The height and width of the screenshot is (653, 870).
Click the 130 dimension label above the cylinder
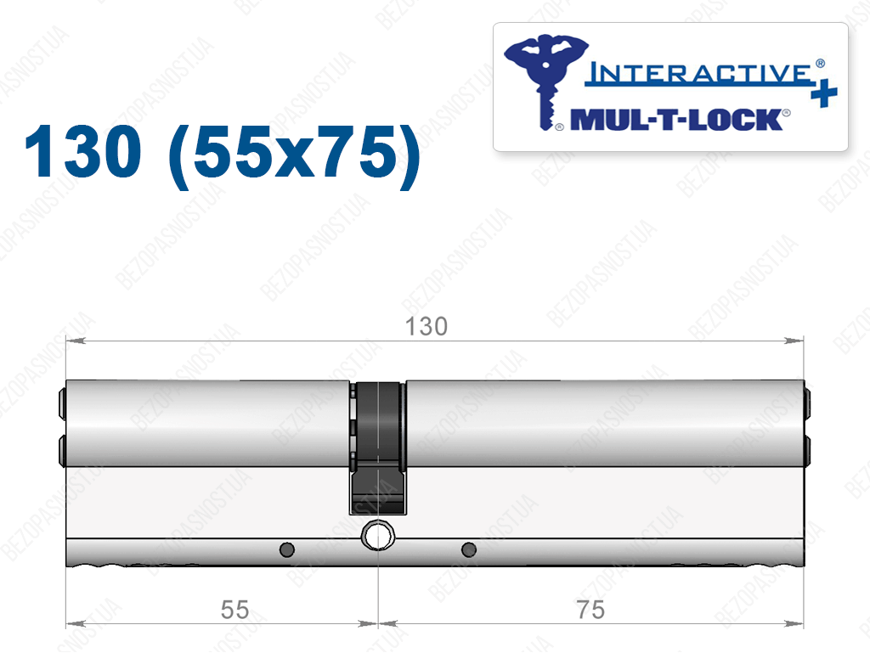427,326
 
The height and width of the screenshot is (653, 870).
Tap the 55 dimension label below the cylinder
234,610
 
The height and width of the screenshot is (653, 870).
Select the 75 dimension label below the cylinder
590,610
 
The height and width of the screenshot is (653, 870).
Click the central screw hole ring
378,536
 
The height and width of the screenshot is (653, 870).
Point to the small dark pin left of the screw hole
287,550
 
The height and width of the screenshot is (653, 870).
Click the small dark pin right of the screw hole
469,550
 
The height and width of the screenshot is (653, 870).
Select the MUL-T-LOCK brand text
677,120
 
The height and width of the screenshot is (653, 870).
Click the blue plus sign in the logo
824,93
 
